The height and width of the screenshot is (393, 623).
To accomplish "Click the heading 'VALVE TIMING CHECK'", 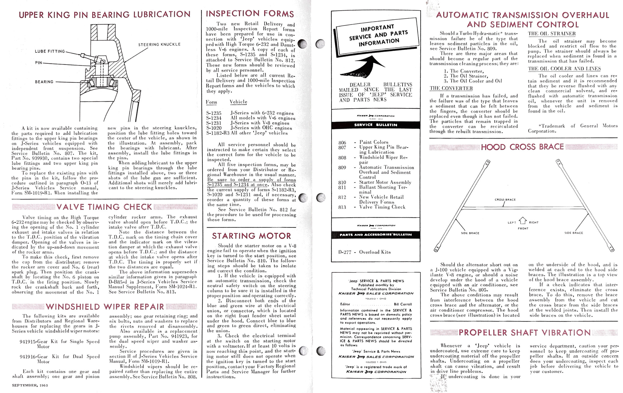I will (104, 207).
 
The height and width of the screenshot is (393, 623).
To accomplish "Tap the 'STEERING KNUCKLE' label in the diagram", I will (159, 45).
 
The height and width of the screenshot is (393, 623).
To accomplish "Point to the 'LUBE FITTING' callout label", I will (50, 51).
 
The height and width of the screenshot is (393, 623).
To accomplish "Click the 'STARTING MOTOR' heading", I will (251, 236).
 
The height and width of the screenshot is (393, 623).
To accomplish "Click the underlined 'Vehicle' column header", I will (238, 102).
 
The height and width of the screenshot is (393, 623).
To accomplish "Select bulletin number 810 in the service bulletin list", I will (342, 182).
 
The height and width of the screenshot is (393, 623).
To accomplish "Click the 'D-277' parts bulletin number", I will (345, 252).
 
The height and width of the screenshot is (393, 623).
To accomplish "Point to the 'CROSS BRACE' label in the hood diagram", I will (505, 200).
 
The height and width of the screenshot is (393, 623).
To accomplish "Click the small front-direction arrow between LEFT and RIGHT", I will (523, 221).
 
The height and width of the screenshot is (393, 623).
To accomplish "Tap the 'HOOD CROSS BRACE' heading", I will (522, 147).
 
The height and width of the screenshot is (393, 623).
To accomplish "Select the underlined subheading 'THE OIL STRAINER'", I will (551, 34).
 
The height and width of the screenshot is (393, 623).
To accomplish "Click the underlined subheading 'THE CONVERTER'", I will (451, 88).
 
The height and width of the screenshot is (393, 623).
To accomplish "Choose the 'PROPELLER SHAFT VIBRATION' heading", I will (525, 333).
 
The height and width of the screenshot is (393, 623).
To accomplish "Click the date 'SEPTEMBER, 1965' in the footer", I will (30, 385).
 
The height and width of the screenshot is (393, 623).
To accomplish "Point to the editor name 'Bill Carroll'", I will (403, 304).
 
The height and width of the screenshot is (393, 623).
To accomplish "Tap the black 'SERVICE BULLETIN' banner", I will (375, 125).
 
